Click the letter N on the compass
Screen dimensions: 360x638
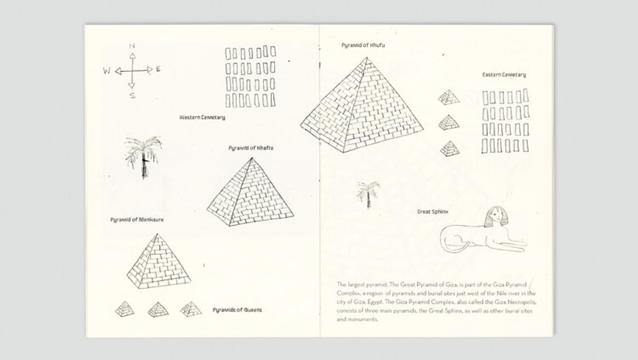coord(132,46)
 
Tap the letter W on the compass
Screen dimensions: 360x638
coord(106,71)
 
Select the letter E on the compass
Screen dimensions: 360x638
coord(158,70)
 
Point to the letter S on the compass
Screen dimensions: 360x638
coord(132,95)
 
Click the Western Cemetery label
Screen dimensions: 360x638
coord(202,117)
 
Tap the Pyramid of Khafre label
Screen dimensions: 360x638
coord(250,148)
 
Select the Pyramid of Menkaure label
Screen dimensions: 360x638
coord(137,220)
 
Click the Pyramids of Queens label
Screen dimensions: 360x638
coord(237,310)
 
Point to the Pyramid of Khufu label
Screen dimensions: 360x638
coord(363,45)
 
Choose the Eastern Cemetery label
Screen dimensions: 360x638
coord(504,75)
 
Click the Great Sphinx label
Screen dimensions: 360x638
coord(433,212)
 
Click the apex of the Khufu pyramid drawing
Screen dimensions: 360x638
coord(367,58)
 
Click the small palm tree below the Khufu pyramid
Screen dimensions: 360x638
coord(368,194)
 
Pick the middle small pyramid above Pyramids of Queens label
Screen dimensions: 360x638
coord(158,309)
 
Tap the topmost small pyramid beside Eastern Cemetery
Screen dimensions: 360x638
coord(449,97)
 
